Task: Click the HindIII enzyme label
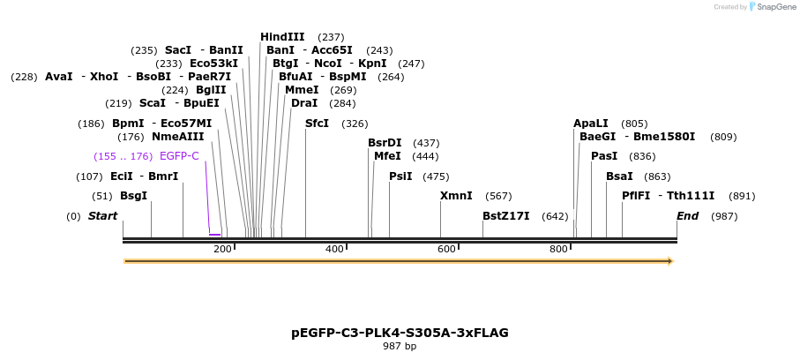click(282, 37)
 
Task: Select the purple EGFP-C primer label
click(179, 156)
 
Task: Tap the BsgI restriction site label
click(133, 196)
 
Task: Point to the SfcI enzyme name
click(317, 124)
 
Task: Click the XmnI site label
click(456, 196)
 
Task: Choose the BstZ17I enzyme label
click(506, 216)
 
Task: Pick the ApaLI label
click(591, 124)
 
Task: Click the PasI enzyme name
click(604, 156)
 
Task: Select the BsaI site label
click(619, 176)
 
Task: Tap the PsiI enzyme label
click(400, 176)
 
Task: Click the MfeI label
click(387, 156)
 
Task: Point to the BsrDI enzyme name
click(385, 143)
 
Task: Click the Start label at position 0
click(102, 216)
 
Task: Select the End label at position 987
click(687, 216)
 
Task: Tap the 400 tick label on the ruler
click(334, 250)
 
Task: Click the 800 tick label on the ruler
click(558, 250)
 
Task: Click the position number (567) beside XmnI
click(498, 196)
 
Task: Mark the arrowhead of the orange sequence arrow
click(669, 261)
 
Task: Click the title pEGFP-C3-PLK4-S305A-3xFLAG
click(400, 333)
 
